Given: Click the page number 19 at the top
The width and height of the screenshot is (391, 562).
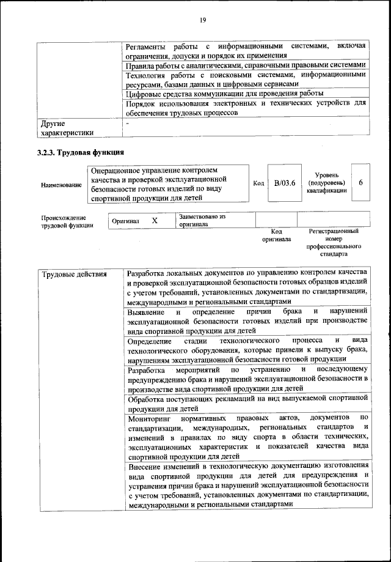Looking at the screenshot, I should (x=202, y=20).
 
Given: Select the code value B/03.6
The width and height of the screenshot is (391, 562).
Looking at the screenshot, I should (x=285, y=182).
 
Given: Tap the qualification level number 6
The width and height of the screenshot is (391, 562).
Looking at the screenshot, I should (x=360, y=182).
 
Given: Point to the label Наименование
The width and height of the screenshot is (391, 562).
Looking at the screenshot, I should (x=61, y=185).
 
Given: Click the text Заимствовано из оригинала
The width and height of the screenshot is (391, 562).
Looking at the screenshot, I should (x=202, y=220).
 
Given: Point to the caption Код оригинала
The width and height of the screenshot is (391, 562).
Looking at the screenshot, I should (x=276, y=235).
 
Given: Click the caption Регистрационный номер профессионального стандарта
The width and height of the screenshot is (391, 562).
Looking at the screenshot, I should (x=333, y=242).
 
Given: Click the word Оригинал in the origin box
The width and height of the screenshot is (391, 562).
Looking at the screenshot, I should (x=126, y=221).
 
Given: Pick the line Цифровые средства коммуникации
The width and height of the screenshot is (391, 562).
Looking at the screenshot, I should (x=224, y=94).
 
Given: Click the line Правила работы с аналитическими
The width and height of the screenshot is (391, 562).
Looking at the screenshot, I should (x=245, y=65).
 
